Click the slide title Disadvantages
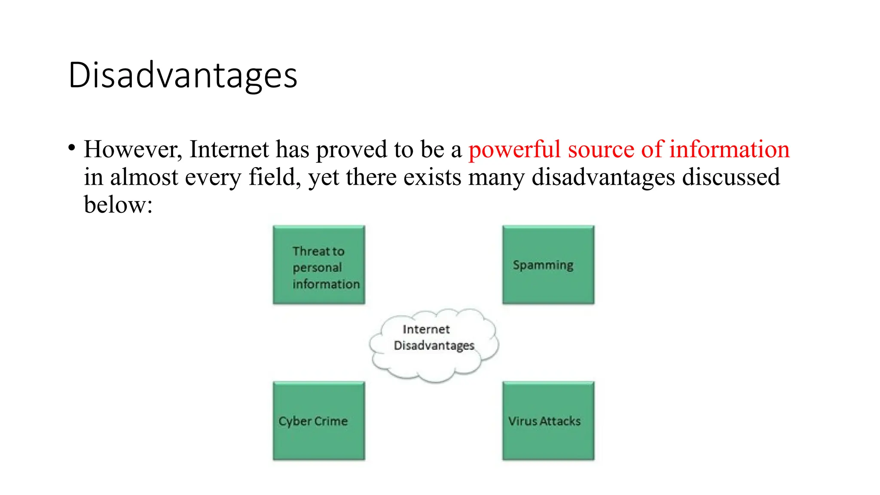pos(183,76)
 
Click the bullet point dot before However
pos(72,148)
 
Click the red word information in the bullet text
pos(729,150)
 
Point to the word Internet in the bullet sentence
pos(229,150)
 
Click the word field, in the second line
pos(275,177)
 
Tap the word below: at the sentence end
pos(118,205)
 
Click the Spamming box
pos(548,265)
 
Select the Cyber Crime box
pos(319,421)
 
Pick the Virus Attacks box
pos(548,421)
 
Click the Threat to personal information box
pos(319,265)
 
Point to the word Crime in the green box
pos(331,421)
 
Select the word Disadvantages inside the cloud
pos(434,346)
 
